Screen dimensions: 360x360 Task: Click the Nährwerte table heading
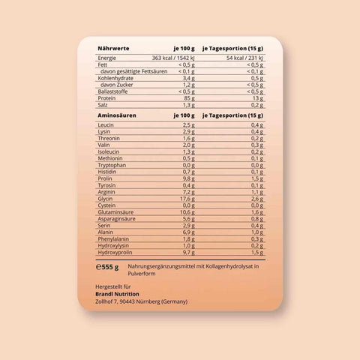(113, 49)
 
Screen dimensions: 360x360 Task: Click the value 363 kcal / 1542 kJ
(173, 57)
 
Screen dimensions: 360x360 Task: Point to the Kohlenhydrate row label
(116, 77)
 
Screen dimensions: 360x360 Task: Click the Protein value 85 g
(188, 97)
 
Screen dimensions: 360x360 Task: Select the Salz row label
(104, 105)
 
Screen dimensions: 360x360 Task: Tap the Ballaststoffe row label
(115, 91)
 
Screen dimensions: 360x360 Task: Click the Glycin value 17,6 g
(187, 199)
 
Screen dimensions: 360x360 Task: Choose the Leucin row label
(108, 124)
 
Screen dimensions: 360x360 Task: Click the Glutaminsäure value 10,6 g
(187, 212)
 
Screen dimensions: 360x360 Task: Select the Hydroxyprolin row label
(117, 253)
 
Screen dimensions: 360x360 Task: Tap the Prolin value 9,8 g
(188, 178)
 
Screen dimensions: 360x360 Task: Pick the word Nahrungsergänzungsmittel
(162, 265)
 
